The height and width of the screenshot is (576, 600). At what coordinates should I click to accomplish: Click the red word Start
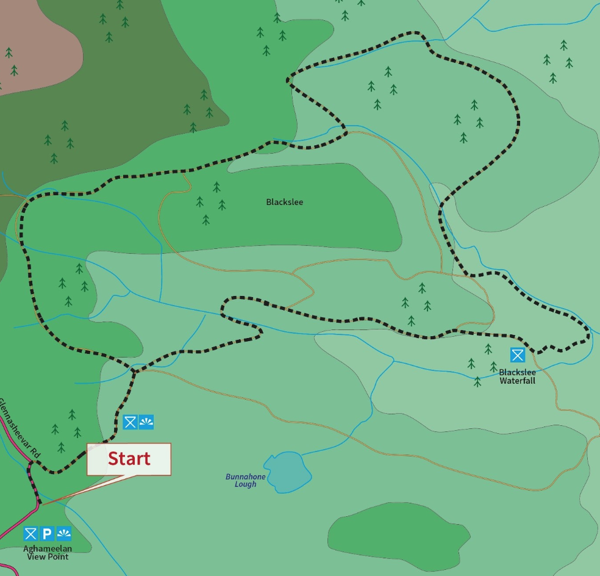pos(129,458)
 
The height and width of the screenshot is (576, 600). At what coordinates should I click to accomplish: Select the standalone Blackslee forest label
pos(284,202)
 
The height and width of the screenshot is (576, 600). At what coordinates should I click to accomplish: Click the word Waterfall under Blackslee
pos(517,381)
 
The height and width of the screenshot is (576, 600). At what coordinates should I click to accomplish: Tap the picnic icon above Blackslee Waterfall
pos(518,355)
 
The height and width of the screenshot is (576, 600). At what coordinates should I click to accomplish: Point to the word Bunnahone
pos(246,477)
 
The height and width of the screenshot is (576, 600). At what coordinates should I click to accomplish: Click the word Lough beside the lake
pos(246,484)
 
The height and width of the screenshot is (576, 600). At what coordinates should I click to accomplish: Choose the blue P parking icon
pos(47,535)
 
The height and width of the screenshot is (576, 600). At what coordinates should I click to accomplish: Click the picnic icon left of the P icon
pos(30,535)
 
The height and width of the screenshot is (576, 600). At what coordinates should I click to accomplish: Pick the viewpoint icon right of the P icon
pos(64,535)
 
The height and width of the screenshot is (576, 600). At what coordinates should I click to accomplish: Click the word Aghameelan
pos(46,549)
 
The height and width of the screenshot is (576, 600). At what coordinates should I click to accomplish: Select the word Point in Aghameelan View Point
pos(59,556)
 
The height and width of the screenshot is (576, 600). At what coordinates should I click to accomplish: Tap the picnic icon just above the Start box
pos(129,422)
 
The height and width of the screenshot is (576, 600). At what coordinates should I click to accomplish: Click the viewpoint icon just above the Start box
pos(146,422)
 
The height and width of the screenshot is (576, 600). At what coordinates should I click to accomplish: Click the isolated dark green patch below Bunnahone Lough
pos(399,537)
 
